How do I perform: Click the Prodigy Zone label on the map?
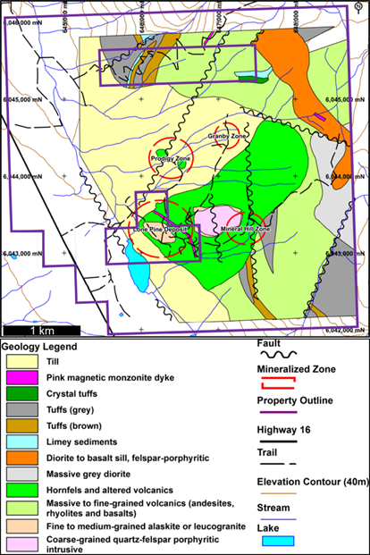[171, 158]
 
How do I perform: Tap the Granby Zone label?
[227, 136]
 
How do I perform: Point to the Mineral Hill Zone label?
[245, 229]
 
